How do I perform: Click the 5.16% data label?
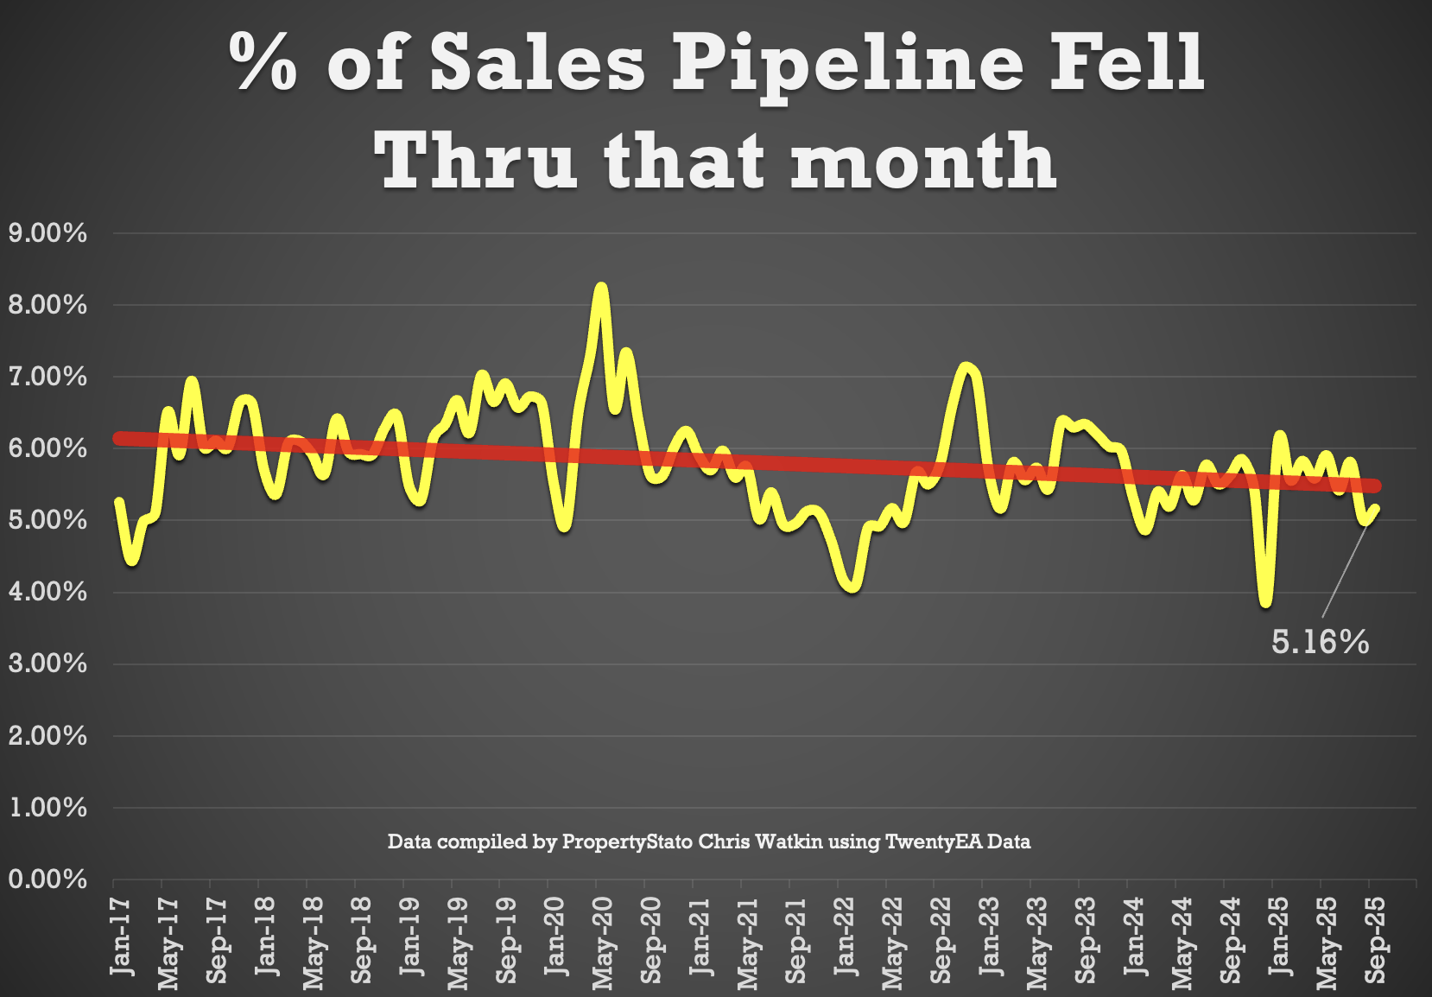pyautogui.click(x=1320, y=642)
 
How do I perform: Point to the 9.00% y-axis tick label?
pyautogui.click(x=48, y=232)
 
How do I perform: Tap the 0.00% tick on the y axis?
pyautogui.click(x=48, y=880)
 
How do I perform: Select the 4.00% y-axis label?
pyautogui.click(x=48, y=592)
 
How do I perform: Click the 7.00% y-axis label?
pyautogui.click(x=48, y=377)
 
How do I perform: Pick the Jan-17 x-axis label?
pyautogui.click(x=122, y=937)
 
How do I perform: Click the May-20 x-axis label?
pyautogui.click(x=603, y=942)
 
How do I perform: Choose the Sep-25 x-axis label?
pyautogui.click(x=1375, y=940)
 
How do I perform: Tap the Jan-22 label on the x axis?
pyautogui.click(x=845, y=937)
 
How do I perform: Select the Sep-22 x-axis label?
pyautogui.click(x=941, y=940)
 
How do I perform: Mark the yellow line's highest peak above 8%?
pyautogui.click(x=601, y=288)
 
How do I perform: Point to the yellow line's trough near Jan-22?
pyautogui.click(x=852, y=587)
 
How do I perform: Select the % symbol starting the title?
pyautogui.click(x=263, y=62)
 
